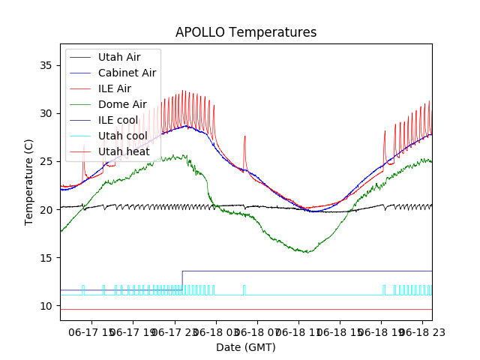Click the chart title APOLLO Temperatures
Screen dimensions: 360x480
click(246, 32)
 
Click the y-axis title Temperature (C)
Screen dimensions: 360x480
click(29, 182)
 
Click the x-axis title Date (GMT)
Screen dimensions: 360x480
click(246, 347)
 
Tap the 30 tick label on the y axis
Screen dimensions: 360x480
click(47, 113)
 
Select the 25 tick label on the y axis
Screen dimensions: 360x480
click(47, 161)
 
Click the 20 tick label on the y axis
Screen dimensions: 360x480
click(47, 209)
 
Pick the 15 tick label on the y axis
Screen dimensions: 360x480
click(47, 257)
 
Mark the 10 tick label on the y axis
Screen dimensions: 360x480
click(47, 305)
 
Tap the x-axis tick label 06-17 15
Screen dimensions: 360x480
click(91, 331)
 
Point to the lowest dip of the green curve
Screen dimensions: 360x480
click(306, 252)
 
